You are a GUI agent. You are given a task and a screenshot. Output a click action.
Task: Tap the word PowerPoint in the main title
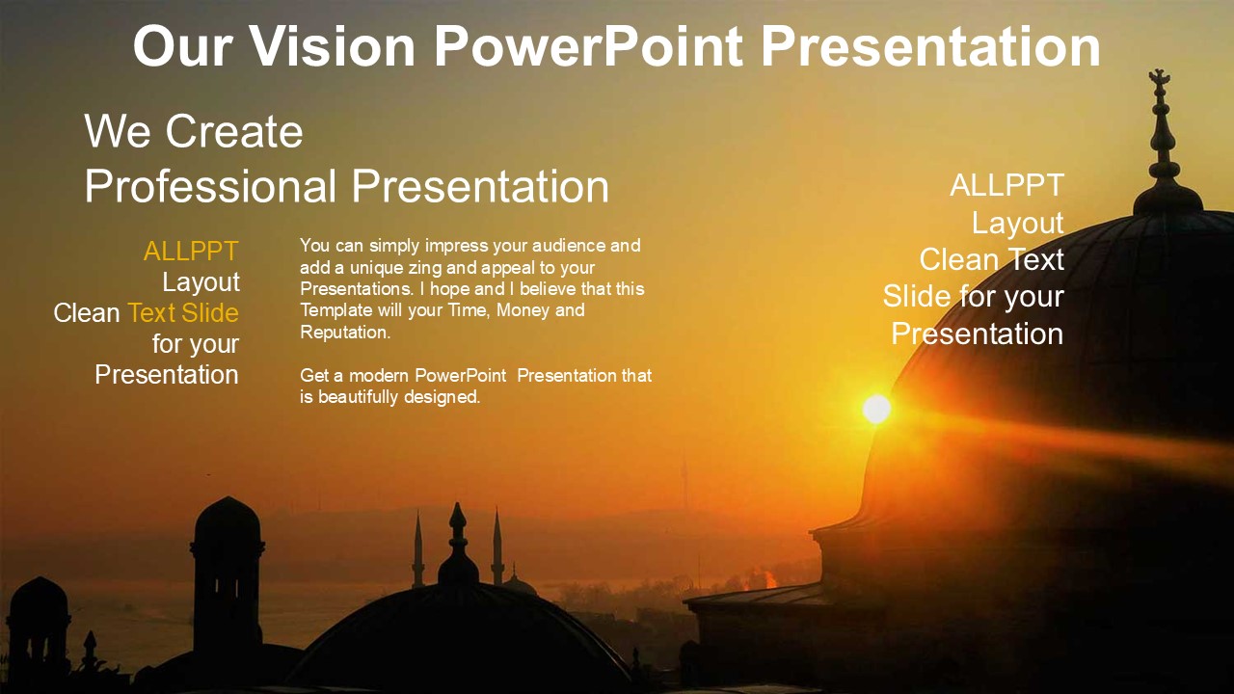click(588, 47)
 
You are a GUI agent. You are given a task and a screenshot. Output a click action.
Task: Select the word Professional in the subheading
click(210, 187)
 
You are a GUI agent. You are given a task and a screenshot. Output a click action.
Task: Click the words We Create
click(194, 132)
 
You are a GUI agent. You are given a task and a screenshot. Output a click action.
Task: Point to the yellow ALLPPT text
click(191, 252)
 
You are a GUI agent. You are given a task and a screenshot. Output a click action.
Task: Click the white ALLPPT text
click(1006, 185)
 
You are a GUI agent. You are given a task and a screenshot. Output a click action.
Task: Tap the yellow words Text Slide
click(183, 313)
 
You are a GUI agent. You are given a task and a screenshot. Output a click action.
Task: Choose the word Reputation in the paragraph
click(345, 333)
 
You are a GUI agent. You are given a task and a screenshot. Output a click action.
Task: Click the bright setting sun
click(876, 409)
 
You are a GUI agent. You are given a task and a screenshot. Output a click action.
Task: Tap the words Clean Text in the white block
click(992, 259)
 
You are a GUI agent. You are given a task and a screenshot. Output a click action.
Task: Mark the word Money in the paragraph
click(520, 310)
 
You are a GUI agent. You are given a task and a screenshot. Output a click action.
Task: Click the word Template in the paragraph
click(336, 310)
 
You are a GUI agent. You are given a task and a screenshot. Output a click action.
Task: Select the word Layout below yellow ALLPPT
click(201, 282)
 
